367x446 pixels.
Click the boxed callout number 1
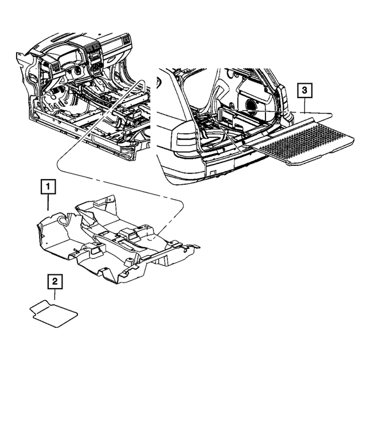(48, 187)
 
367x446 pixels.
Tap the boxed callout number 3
(305, 90)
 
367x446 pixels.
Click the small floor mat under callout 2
(54, 313)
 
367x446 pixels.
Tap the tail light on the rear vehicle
(182, 141)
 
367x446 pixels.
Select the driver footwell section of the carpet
(54, 232)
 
